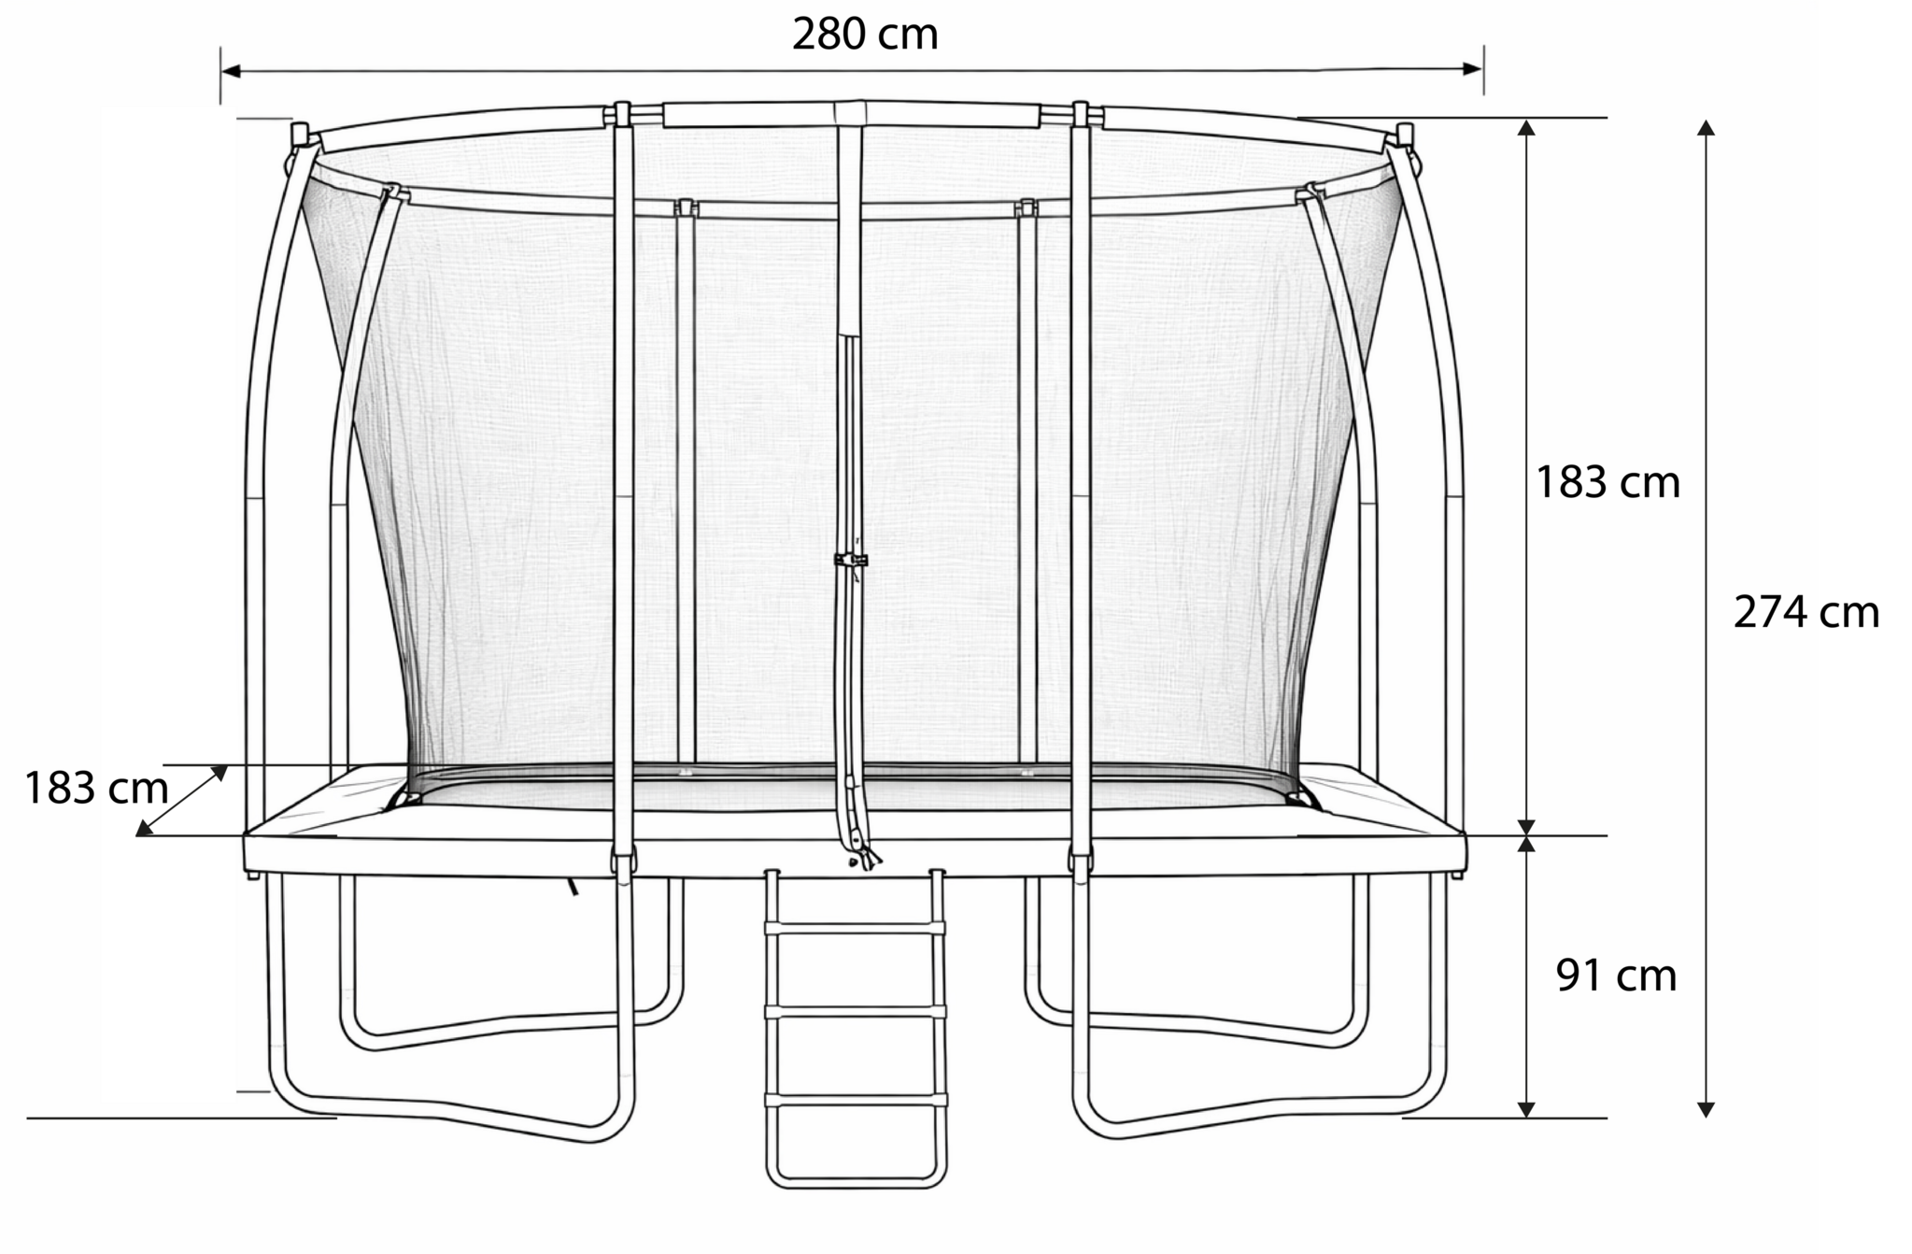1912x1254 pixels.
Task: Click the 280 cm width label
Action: click(x=865, y=35)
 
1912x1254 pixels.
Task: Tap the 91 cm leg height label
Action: click(x=1616, y=976)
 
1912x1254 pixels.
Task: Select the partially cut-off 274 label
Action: click(x=1772, y=613)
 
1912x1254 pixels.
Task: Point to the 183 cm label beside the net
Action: click(x=1607, y=482)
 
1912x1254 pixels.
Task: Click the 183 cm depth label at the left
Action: click(x=95, y=788)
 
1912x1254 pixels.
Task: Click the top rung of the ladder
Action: click(x=855, y=928)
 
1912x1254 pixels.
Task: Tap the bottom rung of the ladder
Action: click(x=855, y=1100)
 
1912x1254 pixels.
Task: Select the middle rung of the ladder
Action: click(x=855, y=1012)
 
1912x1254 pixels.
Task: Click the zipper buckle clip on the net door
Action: click(x=850, y=561)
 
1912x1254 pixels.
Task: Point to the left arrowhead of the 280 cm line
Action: click(x=230, y=71)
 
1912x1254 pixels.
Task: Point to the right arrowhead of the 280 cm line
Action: click(x=1473, y=68)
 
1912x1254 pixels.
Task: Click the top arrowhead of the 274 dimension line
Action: click(x=1706, y=128)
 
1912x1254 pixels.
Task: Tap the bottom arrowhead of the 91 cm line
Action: click(x=1526, y=1109)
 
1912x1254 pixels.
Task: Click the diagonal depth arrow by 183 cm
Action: click(x=182, y=801)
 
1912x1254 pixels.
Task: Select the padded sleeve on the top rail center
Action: click(x=851, y=115)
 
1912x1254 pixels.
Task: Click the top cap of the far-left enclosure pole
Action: click(x=300, y=132)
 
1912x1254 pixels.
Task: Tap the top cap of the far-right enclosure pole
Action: click(x=1404, y=133)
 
